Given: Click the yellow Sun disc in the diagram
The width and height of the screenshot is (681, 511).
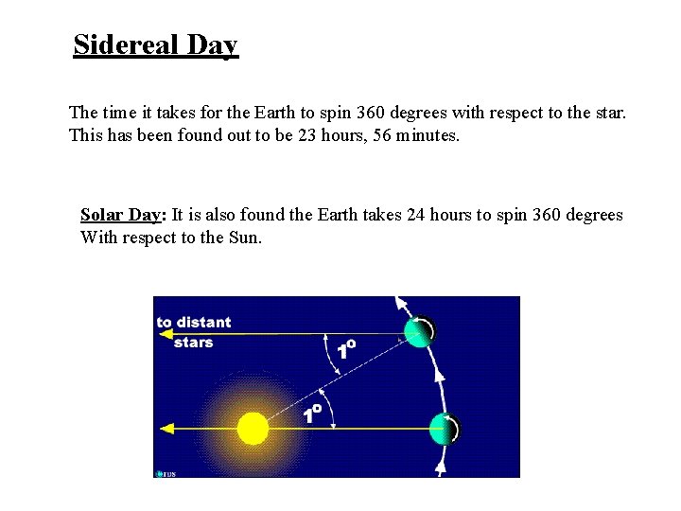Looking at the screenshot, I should coord(253,429).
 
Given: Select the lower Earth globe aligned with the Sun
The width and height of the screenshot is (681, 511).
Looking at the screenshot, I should coord(444,429).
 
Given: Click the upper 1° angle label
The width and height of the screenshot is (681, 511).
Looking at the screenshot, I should coord(346,349).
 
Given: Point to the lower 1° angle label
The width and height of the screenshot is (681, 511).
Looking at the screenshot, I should coord(312,413).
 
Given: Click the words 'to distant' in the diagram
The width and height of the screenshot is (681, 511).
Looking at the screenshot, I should coord(194,323).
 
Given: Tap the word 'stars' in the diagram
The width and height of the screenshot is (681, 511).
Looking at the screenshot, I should coord(193,342).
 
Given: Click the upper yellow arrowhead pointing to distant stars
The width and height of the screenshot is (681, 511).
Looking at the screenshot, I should coord(165,333).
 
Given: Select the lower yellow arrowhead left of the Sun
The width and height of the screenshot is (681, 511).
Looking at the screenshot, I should coord(167,429).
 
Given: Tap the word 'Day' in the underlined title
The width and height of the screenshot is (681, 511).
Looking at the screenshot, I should coord(212,45).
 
